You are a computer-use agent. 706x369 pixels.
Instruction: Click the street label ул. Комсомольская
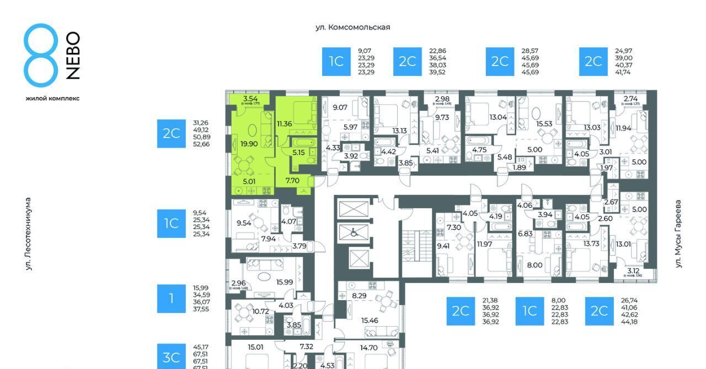(352, 27)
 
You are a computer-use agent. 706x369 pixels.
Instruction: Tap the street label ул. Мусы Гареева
(678, 234)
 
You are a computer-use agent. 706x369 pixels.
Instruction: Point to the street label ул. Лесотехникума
(28, 234)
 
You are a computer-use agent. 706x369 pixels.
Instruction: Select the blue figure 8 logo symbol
(41, 55)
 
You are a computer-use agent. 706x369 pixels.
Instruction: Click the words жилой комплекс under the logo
(52, 98)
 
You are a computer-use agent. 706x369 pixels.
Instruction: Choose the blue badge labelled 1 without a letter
(171, 299)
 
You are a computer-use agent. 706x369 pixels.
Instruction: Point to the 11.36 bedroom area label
(284, 123)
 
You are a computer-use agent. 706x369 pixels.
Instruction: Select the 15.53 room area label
(544, 124)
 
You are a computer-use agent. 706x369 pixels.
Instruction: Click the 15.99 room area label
(285, 282)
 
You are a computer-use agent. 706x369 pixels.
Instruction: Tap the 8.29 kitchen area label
(359, 296)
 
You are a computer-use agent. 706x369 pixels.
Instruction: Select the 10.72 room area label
(260, 311)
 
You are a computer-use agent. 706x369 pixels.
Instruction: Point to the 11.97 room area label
(485, 244)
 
